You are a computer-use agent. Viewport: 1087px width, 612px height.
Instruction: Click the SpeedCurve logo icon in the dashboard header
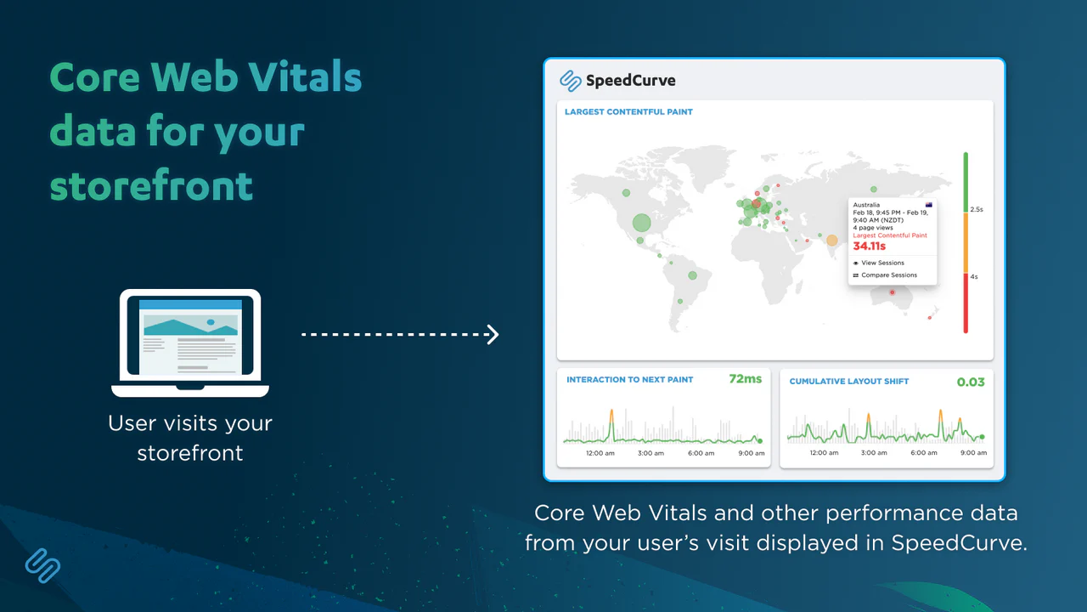point(570,81)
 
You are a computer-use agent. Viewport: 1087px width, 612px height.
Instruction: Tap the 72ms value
point(746,379)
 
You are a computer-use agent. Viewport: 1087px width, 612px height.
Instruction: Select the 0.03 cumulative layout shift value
point(971,382)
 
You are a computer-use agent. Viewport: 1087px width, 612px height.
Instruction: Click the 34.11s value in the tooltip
point(869,246)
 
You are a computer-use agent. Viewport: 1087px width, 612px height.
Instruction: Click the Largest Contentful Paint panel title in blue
point(628,111)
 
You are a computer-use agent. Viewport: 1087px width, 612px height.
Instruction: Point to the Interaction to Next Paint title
point(630,380)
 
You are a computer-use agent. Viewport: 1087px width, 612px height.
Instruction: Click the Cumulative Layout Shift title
point(848,382)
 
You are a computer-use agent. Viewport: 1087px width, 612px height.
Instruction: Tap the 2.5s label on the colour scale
point(977,209)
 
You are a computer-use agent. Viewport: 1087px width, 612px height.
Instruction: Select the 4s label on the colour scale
point(974,277)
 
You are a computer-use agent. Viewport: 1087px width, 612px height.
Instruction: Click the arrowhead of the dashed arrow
point(493,335)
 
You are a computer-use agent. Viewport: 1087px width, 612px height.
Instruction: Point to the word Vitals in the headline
point(305,77)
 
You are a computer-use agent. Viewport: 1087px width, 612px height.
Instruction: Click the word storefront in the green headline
point(151,185)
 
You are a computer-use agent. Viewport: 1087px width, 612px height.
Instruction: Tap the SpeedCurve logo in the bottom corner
point(42,565)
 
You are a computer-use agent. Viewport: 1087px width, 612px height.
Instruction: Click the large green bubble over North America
point(641,223)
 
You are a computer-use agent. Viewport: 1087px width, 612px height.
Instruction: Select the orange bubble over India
point(831,240)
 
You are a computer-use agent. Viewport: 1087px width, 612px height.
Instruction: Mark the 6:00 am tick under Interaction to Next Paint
point(701,453)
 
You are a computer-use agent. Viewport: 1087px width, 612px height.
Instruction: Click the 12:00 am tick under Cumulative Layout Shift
point(824,453)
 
